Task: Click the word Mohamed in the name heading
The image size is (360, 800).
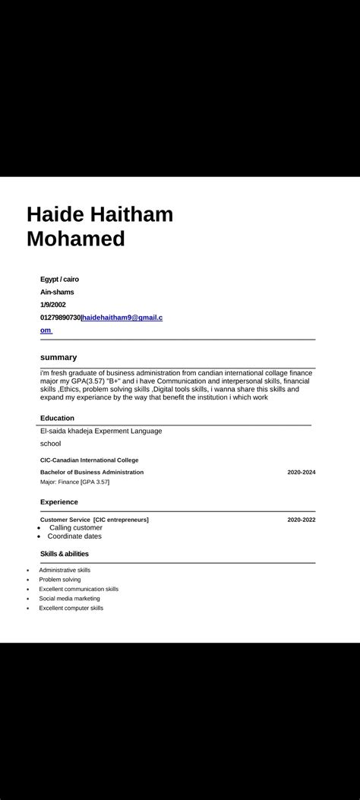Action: tap(76, 239)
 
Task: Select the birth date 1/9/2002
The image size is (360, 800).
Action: tap(53, 305)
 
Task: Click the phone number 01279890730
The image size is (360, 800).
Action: tap(60, 317)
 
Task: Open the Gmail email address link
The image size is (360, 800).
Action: tap(122, 317)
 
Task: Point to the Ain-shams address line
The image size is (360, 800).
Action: tap(57, 292)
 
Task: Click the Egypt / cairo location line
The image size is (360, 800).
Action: tap(59, 279)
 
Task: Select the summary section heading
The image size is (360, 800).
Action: tap(58, 357)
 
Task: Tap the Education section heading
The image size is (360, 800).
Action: tap(57, 418)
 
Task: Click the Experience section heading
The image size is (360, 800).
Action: tap(59, 502)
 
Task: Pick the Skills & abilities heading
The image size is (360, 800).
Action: tap(65, 554)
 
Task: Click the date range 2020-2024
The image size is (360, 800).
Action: tap(301, 472)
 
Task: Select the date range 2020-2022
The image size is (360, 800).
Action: tap(301, 520)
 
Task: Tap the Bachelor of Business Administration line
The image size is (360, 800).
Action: tap(92, 472)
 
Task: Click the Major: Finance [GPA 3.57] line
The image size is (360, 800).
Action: tap(75, 482)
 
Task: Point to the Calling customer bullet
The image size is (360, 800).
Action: tap(75, 527)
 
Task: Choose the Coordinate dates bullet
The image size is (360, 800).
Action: tap(74, 536)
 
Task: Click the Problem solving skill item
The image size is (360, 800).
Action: tap(60, 580)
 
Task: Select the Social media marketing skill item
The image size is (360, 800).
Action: tap(69, 599)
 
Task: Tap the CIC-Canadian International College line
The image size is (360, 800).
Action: tap(90, 460)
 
